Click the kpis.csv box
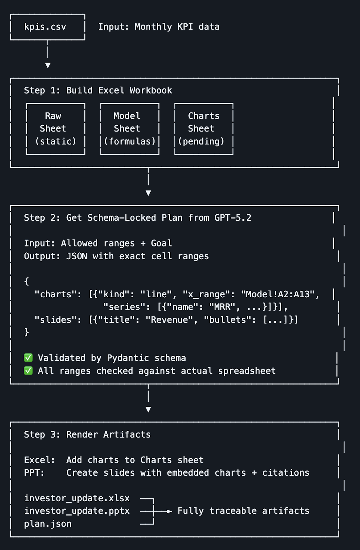click(47, 27)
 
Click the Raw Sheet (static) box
click(55, 129)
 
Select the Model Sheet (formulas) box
click(130, 129)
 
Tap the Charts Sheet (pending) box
click(204, 129)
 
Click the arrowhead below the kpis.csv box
click(48, 65)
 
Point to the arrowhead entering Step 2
click(148, 193)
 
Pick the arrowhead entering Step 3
click(148, 409)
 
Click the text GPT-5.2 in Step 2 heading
click(233, 218)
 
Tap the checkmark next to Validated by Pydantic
click(28, 358)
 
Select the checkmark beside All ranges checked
click(28, 371)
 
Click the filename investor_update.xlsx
click(77, 498)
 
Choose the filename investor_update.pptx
click(77, 511)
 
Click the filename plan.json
click(48, 524)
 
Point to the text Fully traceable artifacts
click(243, 511)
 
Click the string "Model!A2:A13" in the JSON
click(277, 294)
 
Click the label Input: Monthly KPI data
click(159, 27)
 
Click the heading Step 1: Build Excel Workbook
click(98, 90)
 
